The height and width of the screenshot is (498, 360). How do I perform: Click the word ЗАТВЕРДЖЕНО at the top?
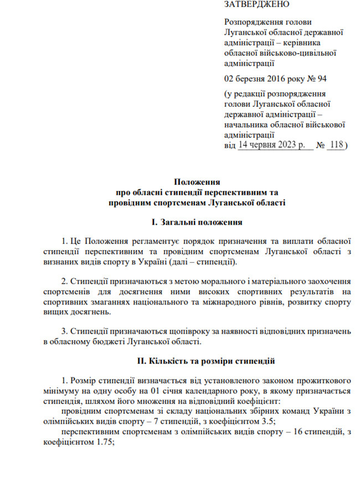(256, 4)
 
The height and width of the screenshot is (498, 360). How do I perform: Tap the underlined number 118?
(335, 144)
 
